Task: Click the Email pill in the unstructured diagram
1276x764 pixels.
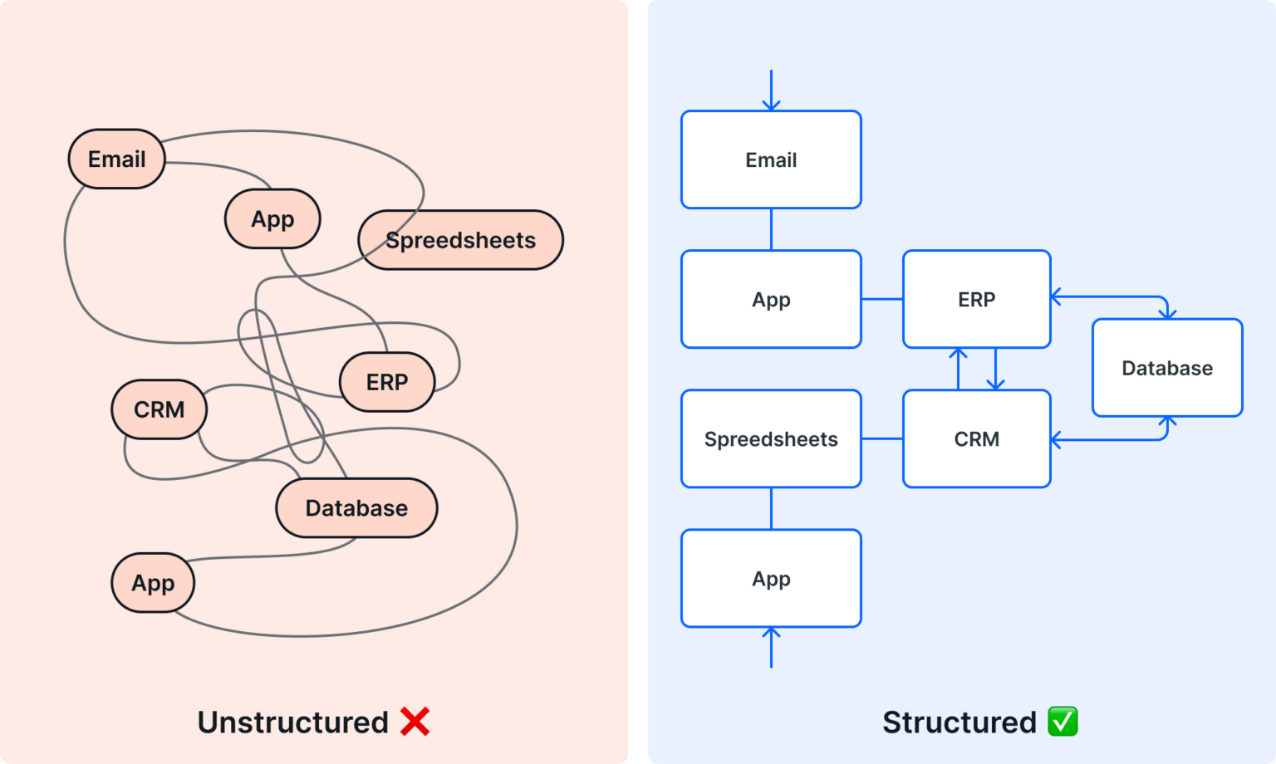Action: (116, 159)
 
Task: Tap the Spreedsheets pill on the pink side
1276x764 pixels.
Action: (460, 240)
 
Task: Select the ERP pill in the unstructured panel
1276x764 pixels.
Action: (387, 382)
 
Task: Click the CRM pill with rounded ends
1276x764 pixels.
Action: (159, 409)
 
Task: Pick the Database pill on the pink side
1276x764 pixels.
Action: (356, 507)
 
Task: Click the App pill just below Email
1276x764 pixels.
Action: (272, 218)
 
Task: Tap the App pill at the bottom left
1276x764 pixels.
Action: (153, 582)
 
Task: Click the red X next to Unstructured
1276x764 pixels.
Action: (415, 722)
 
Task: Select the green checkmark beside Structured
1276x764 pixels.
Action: (1063, 722)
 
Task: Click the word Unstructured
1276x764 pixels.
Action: (292, 722)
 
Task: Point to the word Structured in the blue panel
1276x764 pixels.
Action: (959, 722)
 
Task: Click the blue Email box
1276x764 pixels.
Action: (771, 159)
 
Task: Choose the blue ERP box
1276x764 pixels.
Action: (976, 299)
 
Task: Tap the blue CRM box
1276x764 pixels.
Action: (976, 438)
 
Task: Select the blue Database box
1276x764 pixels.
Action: (1166, 368)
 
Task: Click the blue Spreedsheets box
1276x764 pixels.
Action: (771, 438)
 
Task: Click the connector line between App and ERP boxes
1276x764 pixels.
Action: (882, 299)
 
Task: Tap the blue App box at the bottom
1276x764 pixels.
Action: (771, 578)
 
